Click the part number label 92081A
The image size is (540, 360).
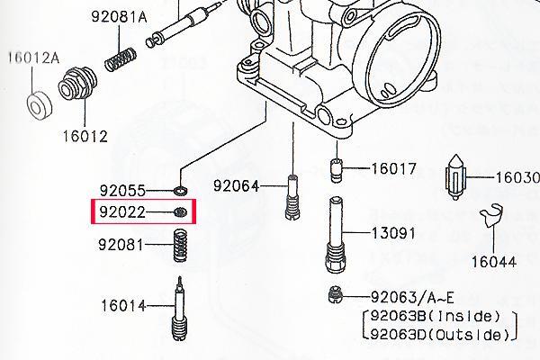click(x=119, y=16)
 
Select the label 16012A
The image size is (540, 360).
click(x=34, y=58)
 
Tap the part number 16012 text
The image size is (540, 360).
click(x=85, y=137)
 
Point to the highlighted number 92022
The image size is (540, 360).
click(x=122, y=211)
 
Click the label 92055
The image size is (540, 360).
click(x=122, y=190)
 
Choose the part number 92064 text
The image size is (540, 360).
click(x=236, y=186)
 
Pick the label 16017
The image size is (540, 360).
click(x=393, y=168)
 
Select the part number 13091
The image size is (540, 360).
click(x=393, y=234)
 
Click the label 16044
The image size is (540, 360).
click(x=494, y=262)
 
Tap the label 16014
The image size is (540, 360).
click(x=123, y=306)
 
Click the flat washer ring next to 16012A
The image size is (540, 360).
click(x=40, y=105)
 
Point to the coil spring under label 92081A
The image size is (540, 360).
click(x=121, y=60)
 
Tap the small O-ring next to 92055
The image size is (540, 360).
click(x=181, y=190)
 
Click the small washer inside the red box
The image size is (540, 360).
click(x=181, y=211)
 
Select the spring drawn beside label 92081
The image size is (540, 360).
click(x=180, y=246)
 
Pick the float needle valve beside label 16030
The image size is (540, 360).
click(x=455, y=177)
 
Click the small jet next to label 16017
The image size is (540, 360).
click(x=337, y=170)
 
